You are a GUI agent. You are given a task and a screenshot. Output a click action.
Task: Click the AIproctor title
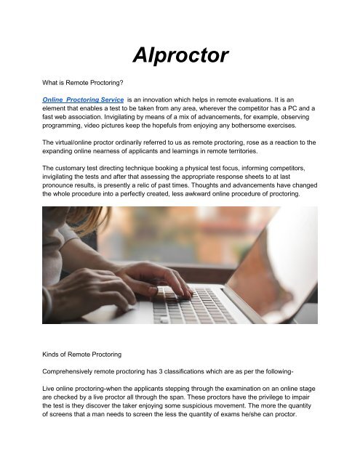pyautogui.click(x=179, y=55)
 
